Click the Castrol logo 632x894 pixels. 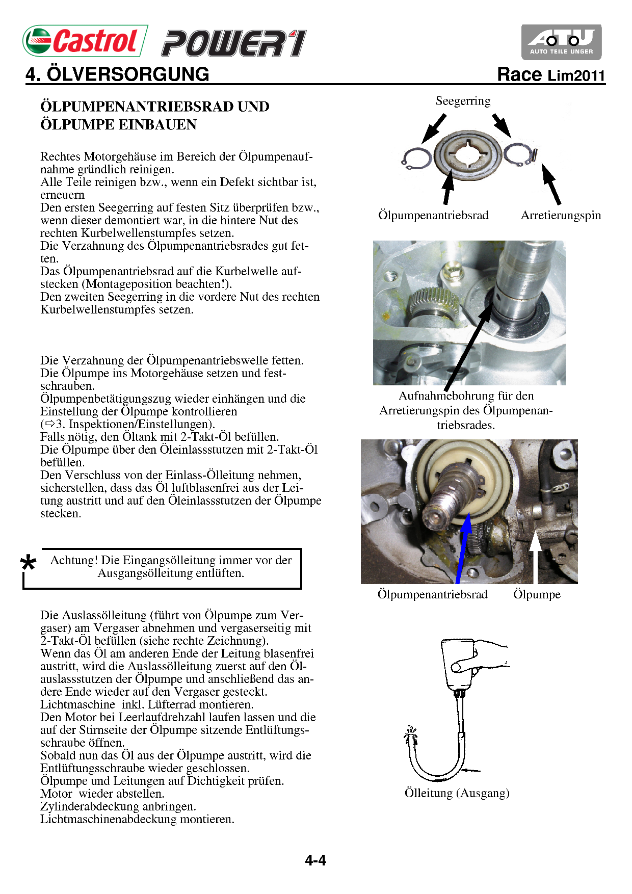pyautogui.click(x=85, y=41)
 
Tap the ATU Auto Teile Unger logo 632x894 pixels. pyautogui.click(x=561, y=42)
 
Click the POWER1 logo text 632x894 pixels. pyautogui.click(x=234, y=43)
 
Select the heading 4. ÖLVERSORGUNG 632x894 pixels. pyautogui.click(x=118, y=74)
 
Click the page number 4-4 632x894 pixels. pyautogui.click(x=315, y=860)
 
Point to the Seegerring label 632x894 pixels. pyautogui.click(x=463, y=101)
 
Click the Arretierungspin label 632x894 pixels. pyautogui.click(x=561, y=215)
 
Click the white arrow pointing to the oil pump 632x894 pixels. pyautogui.click(x=535, y=556)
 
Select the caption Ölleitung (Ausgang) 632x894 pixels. pyautogui.click(x=457, y=793)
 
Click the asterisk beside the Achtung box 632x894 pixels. pyautogui.click(x=29, y=563)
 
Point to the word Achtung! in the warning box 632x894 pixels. pyautogui.click(x=74, y=560)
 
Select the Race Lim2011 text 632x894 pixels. pyautogui.click(x=551, y=75)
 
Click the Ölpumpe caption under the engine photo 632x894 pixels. pyautogui.click(x=537, y=594)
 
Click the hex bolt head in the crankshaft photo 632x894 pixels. pyautogui.click(x=452, y=271)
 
